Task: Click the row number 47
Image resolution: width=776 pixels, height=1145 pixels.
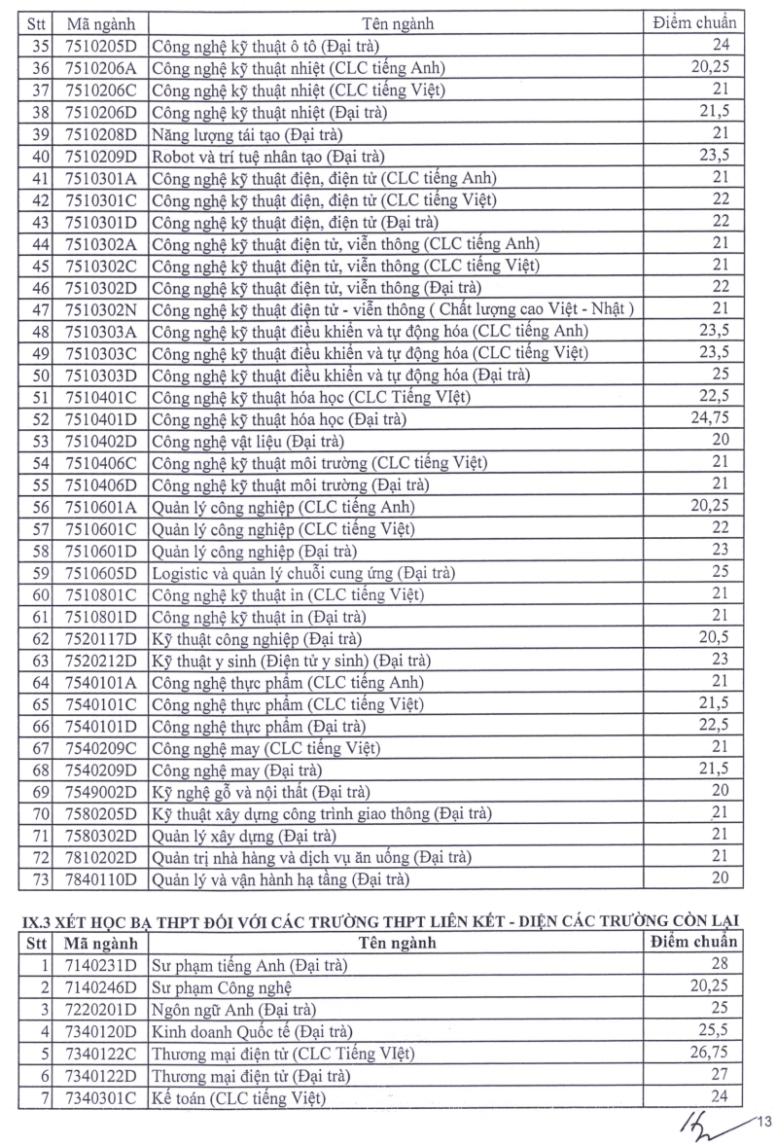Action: [x=40, y=308]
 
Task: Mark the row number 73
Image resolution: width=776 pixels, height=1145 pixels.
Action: [x=40, y=879]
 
